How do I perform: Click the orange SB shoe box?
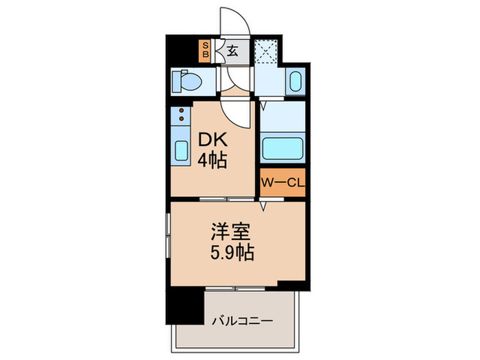(x=204, y=50)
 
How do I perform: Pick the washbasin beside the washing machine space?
(x=295, y=83)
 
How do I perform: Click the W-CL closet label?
(x=282, y=182)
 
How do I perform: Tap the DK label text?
(x=212, y=141)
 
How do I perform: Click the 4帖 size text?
(x=213, y=162)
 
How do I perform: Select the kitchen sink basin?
(x=180, y=150)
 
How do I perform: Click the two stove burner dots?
(x=180, y=115)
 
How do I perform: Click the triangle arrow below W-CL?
(x=263, y=205)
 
